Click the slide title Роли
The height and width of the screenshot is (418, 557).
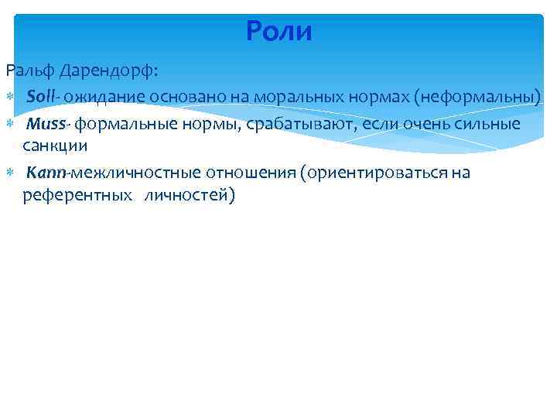click(278, 32)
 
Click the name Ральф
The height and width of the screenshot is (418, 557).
click(29, 71)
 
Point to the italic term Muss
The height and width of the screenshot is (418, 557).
click(47, 124)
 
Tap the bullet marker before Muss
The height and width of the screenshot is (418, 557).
click(11, 125)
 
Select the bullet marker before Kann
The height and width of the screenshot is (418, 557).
click(11, 173)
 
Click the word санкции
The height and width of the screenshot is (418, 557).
click(54, 146)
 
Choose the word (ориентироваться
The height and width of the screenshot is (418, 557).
click(377, 172)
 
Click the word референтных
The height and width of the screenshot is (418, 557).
click(76, 194)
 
